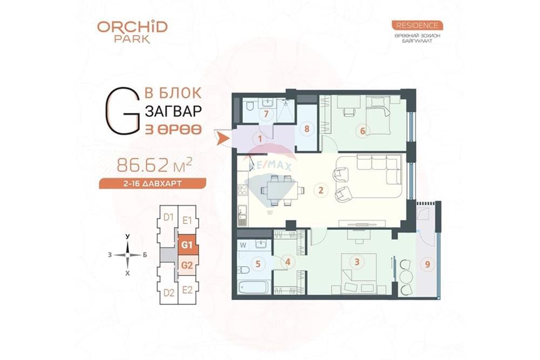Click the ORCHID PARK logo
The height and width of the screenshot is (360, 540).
click(132, 32)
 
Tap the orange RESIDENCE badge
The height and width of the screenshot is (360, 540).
click(417, 25)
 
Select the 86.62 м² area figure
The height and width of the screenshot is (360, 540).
click(154, 165)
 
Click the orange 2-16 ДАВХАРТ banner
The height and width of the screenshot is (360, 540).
click(153, 184)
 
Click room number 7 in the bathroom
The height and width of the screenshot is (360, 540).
click(266, 113)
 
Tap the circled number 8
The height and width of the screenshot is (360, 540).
click(307, 129)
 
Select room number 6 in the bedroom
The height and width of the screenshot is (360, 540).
click(362, 131)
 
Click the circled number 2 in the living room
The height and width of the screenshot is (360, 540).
click(321, 189)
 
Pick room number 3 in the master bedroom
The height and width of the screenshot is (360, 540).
click(357, 262)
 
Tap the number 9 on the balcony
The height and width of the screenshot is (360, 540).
click(428, 264)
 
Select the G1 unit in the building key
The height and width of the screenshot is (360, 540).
click(187, 245)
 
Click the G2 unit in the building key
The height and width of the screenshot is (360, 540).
click(187, 266)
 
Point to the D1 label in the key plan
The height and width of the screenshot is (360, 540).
click(168, 218)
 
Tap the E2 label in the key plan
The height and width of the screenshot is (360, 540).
click(187, 290)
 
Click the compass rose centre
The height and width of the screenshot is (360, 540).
click(128, 255)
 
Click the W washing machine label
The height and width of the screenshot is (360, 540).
click(243, 246)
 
